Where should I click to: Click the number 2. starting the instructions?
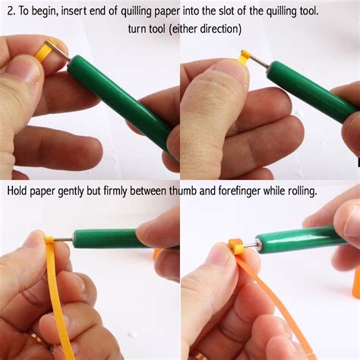click(10, 11)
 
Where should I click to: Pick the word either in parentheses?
click(182, 29)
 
